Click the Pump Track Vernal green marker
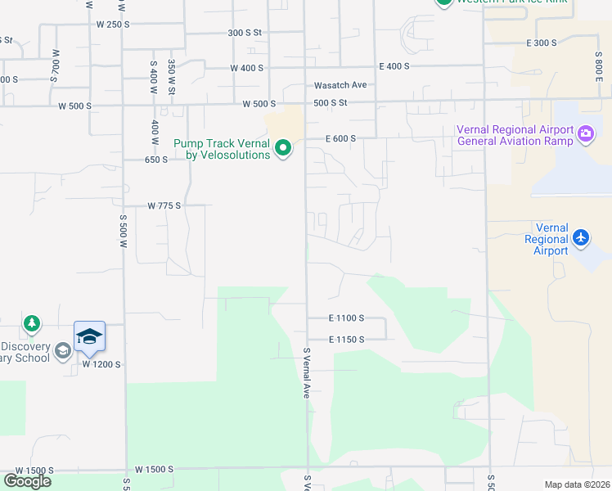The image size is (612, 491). [283, 148]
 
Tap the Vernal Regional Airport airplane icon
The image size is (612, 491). [581, 237]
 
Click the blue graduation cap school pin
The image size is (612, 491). [90, 336]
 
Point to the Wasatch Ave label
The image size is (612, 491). [340, 85]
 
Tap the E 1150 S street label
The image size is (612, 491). [346, 339]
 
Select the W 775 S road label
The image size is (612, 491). [164, 206]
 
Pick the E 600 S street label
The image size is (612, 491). [340, 139]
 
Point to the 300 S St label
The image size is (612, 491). [244, 33]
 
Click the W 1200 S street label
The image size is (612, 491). [101, 364]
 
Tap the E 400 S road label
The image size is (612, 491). [394, 66]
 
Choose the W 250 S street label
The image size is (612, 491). [113, 24]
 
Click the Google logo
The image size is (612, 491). [27, 481]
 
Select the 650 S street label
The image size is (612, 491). [155, 160]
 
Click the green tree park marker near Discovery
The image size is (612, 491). [32, 325]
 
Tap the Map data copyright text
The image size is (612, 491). [578, 484]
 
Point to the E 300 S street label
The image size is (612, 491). [542, 43]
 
